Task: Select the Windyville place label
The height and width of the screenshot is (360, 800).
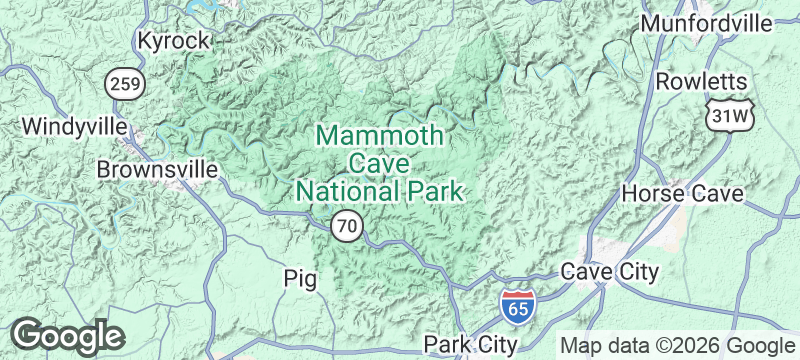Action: pos(74,127)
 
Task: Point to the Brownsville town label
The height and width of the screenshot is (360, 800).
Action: pos(157,170)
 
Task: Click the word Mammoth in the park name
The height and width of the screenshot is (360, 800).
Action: pos(378,135)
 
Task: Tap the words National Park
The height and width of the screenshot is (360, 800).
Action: pos(379,190)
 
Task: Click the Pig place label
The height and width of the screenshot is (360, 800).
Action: pos(300,278)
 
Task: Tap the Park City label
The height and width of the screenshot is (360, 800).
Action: pos(470,344)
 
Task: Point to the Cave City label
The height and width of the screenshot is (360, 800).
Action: pos(609,271)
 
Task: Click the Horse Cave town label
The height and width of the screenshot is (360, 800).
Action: pos(682,193)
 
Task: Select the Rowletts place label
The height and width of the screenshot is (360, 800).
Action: pos(701,81)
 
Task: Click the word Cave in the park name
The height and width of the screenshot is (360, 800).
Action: pos(378,162)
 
